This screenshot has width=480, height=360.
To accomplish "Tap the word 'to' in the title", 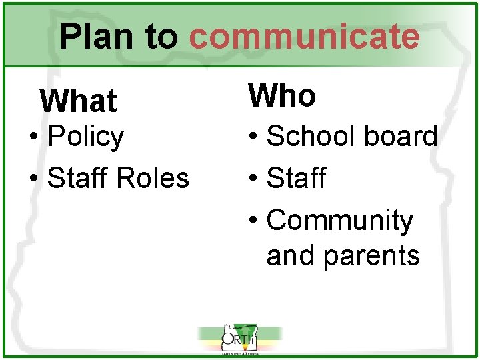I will click(162, 37).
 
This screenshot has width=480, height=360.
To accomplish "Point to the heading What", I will click(78, 101).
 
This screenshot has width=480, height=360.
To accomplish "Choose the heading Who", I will click(282, 96).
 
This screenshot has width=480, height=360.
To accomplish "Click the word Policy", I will click(86, 137).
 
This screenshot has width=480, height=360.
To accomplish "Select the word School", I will click(306, 136).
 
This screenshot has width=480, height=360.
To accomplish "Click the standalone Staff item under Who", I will click(296, 178).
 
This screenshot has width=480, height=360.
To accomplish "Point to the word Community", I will click(339, 221).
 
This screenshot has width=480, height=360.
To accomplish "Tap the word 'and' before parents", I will click(290, 255).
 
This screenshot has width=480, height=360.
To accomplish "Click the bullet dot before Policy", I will click(33, 138).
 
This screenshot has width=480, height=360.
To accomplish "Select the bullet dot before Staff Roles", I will click(33, 179).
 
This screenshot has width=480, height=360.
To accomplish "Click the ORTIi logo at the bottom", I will click(240, 341).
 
